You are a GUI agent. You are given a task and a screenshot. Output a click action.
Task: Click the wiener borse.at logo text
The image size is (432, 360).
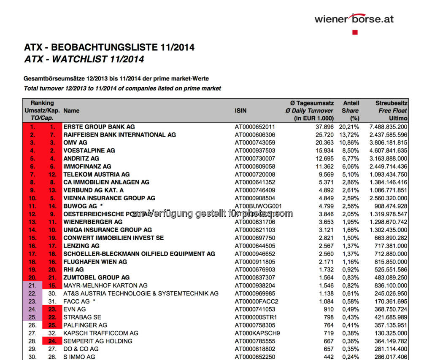coord(354,19)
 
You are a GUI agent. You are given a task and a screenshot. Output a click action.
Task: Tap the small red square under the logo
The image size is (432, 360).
coord(355,32)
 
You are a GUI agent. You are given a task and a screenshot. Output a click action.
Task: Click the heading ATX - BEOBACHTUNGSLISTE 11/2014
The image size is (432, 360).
coord(109,47)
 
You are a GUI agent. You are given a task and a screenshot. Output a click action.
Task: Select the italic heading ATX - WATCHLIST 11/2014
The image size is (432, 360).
coord(84,59)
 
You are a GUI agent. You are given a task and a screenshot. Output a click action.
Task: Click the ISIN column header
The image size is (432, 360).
coord(240,111)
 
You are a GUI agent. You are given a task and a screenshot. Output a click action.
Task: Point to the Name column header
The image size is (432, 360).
coord(71,111)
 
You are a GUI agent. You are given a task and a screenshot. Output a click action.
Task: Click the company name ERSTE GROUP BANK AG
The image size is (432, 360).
coord(99,126)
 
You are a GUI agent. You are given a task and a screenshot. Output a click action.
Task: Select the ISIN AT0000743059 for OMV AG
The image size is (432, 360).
coord(255,142)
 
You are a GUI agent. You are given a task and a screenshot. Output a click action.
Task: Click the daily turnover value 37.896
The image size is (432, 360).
coord(324,126)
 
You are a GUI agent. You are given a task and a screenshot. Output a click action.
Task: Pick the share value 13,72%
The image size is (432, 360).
coord(351,134)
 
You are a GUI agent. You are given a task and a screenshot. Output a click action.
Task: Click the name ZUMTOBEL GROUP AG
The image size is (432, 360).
coord(97,277)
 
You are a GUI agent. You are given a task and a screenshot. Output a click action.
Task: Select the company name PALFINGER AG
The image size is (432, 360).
coord(85,325)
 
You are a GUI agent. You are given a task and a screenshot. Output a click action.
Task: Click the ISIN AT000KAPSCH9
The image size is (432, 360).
coord(255,333)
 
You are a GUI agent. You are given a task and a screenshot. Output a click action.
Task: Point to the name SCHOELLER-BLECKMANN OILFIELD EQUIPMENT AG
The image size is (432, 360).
coord(139,254)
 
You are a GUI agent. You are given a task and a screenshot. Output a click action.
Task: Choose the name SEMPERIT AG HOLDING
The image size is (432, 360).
coord(98,341)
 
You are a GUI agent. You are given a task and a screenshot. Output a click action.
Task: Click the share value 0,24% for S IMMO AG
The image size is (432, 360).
coord(351,357)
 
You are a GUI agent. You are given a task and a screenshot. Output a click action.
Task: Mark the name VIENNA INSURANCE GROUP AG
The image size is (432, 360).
coord(109,198)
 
